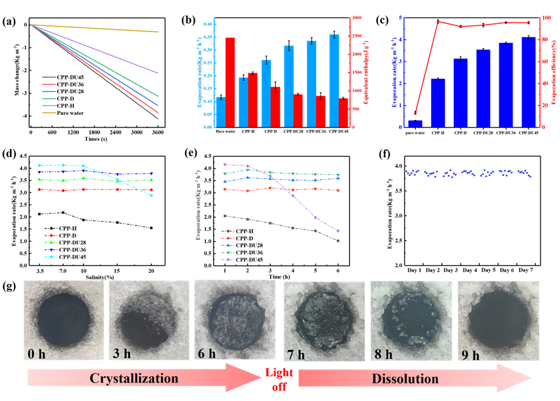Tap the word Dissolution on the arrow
pyautogui.click(x=405, y=379)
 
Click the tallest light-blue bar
pyautogui.click(x=334, y=81)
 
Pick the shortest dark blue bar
pyautogui.click(x=415, y=123)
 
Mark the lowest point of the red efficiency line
pyautogui.click(x=415, y=113)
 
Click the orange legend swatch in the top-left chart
pyautogui.click(x=49, y=113)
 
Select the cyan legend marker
pyautogui.click(x=51, y=257)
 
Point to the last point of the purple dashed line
pyautogui.click(x=339, y=231)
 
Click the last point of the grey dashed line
pyautogui.click(x=339, y=241)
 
